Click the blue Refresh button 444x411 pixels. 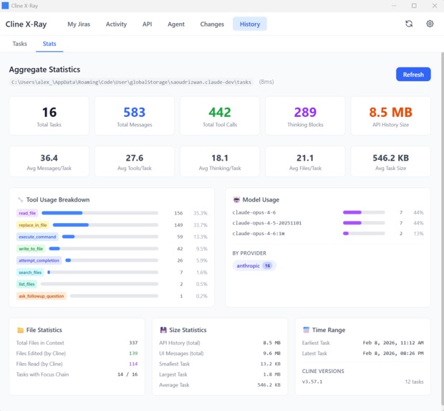[413, 75]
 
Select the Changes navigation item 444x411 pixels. [212, 24]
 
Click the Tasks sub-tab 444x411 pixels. [20, 44]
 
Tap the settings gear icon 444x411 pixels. [430, 24]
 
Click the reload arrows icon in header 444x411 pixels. [409, 24]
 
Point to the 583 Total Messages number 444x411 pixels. [134, 112]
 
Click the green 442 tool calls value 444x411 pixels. [220, 112]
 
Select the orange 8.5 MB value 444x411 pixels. [390, 112]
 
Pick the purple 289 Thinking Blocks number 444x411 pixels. [305, 112]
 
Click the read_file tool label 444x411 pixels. [27, 213]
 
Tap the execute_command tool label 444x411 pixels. [37, 236]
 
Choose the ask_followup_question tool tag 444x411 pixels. [42, 296]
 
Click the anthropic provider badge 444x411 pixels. [254, 265]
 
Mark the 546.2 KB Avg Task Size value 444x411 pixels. [390, 158]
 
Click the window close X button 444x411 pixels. [433, 6]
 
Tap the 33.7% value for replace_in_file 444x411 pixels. [200, 225]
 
